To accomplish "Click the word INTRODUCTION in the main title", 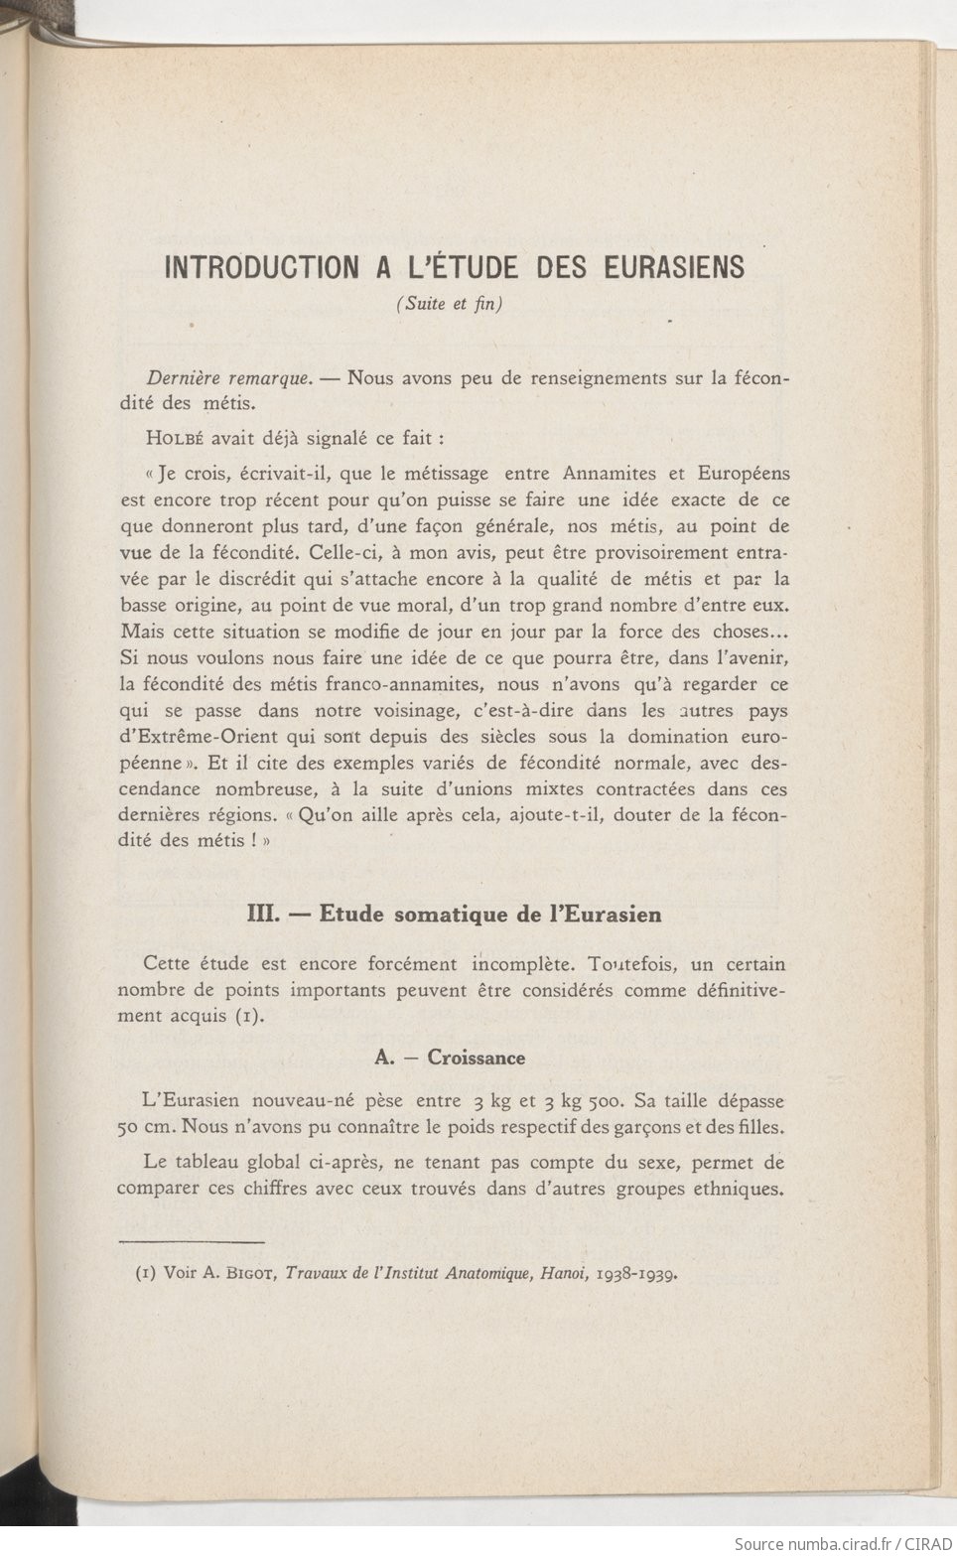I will coord(261,267).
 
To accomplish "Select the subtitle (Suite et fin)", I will coord(451,304).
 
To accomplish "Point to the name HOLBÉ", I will coord(176,437).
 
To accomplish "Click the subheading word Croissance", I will coord(477,1058).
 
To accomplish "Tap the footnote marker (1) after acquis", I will coord(248,1016).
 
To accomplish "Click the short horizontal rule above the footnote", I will coord(191,1241).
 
